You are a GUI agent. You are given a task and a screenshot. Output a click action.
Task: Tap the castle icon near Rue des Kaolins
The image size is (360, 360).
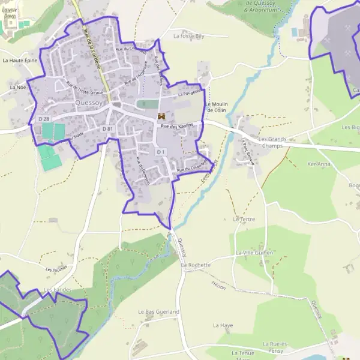coord(161,115)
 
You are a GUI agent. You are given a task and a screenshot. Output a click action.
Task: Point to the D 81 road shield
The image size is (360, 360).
coord(107,129)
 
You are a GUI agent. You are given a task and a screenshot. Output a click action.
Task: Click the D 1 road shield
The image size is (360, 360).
coord(161,152)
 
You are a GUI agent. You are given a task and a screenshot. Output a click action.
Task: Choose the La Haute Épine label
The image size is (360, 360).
coord(20,61)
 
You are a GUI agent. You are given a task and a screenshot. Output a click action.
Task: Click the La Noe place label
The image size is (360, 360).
coord(18,87)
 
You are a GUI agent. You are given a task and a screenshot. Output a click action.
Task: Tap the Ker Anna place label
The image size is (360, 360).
coord(319,164)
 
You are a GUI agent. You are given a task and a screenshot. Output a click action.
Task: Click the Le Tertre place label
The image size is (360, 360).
coord(244,219)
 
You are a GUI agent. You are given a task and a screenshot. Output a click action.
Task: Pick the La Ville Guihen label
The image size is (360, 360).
coord(254,253)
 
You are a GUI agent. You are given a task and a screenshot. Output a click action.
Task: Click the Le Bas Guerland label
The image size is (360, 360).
coord(158,312)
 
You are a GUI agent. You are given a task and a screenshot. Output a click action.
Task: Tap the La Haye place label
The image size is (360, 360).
coord(223,325)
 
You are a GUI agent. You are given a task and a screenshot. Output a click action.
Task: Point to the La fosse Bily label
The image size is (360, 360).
coord(188,36)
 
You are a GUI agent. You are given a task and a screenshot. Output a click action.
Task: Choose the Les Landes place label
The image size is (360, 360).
coord(58,290)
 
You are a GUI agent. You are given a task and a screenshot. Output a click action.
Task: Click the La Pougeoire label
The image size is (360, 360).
coord(188,94)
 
